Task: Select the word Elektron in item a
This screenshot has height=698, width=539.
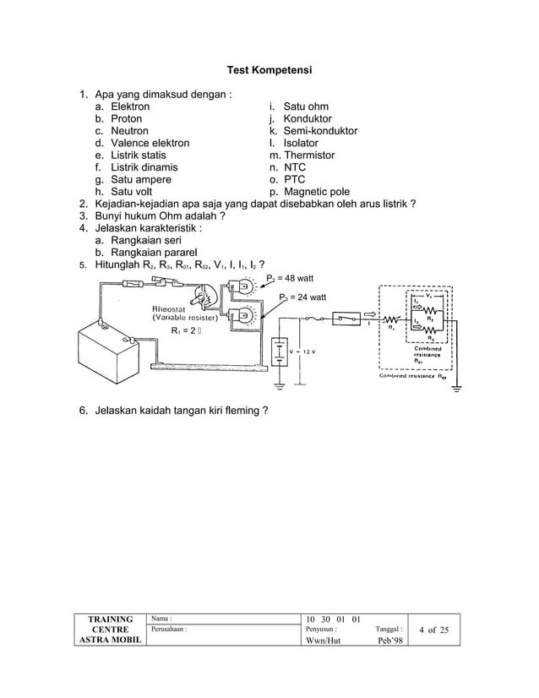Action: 130,107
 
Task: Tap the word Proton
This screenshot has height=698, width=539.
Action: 127,119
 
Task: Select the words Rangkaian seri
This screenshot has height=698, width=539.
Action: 150,240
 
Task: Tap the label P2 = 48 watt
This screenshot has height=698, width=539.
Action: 292,278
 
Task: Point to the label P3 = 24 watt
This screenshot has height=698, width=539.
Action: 302,297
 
